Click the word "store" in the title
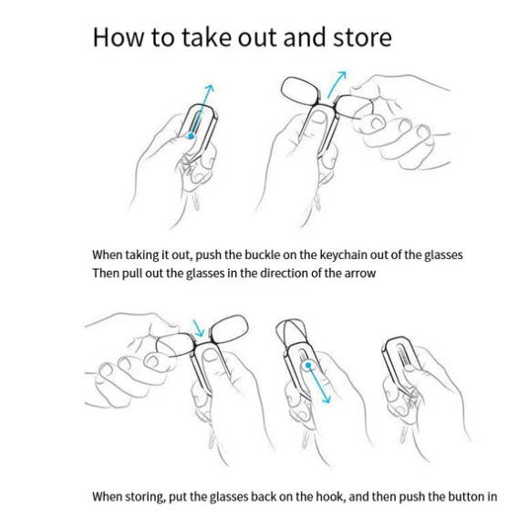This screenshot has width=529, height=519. coord(362,37)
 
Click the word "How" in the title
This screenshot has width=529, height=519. coord(118,36)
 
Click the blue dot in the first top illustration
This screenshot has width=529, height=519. coord(192,136)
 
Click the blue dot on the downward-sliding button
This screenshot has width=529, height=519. coord(307,365)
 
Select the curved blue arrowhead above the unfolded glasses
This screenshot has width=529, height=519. coord(342,75)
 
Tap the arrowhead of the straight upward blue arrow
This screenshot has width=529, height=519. coord(210,88)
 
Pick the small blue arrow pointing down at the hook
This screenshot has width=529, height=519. coord(198,327)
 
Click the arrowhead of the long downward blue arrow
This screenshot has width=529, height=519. coord(326,400)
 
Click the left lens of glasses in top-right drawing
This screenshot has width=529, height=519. coord(299,89)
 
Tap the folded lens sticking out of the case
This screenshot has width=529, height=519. coord(290,332)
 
